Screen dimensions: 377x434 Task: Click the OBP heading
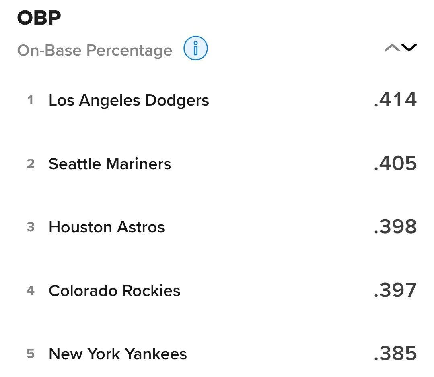39,18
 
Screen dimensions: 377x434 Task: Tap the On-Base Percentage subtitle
95,50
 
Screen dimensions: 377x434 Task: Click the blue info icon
195,49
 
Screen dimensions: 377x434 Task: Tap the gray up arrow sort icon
392,48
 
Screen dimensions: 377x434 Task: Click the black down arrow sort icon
409,48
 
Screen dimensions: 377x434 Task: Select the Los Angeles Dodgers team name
129,100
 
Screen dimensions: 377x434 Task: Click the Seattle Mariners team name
110,164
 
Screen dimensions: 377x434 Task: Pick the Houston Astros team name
107,227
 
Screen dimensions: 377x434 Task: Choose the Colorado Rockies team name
114,291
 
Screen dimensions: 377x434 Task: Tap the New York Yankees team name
117,354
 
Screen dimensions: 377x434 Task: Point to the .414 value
395,99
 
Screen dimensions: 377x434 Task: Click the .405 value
395,163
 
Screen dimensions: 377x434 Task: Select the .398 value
395,227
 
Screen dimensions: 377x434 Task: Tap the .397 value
395,290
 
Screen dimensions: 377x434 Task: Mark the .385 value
395,354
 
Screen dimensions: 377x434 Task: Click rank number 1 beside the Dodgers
31,100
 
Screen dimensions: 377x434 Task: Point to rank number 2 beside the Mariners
31,164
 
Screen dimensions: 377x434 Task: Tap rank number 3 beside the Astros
31,227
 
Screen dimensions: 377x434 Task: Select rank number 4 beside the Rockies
31,290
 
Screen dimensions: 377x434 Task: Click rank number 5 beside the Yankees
31,354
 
